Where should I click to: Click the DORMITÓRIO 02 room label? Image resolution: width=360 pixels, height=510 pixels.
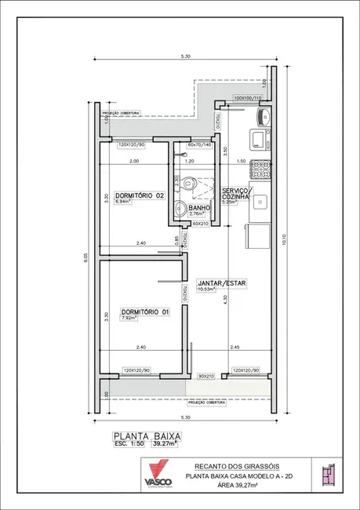coord(139,195)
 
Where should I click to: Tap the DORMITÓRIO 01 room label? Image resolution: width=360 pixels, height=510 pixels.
coord(144,311)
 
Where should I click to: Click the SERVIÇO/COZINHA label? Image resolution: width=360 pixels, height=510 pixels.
coord(236,195)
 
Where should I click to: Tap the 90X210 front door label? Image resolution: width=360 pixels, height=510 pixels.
coord(206,376)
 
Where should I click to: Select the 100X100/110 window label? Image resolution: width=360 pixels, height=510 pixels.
coord(249,98)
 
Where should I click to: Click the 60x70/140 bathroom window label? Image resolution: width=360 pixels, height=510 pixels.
coord(200,144)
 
